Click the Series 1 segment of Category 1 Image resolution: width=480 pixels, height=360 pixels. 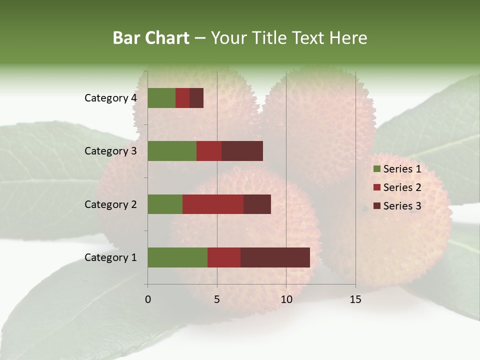pos(177,257)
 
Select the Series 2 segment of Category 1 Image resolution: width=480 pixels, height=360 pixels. pos(224,257)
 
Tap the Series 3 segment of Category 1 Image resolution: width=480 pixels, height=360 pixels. pos(275,257)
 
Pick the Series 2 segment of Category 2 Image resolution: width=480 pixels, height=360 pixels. pos(213,204)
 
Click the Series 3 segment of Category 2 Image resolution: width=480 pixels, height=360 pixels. pos(257,204)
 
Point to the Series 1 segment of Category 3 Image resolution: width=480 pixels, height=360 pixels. pos(172,151)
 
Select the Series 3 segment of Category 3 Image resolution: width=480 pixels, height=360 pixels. pos(242,151)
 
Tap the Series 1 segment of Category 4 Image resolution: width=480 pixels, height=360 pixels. pos(161,98)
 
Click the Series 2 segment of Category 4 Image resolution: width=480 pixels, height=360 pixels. pos(182,98)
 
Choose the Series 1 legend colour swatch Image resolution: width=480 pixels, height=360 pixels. pos(376,169)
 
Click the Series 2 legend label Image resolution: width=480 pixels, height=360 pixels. pos(402,187)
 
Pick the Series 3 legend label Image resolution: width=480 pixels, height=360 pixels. pos(402,206)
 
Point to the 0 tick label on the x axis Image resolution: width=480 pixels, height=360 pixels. pos(148,299)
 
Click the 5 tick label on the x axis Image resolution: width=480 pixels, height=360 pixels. pos(217,299)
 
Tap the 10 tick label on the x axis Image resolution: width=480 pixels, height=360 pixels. pos(286,299)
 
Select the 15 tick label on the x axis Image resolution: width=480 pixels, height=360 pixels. pos(355,299)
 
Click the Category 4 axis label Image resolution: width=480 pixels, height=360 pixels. pos(110,98)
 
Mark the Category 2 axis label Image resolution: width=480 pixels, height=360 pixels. pos(110,204)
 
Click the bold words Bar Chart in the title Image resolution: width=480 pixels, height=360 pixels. pos(151,38)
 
